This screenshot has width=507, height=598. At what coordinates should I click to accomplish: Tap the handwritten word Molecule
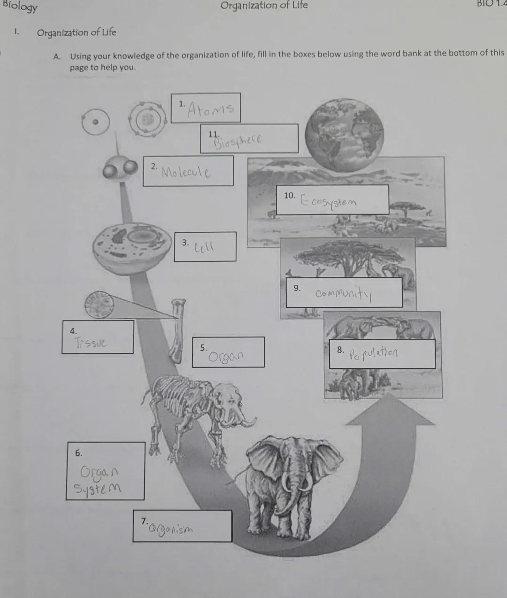tap(186, 172)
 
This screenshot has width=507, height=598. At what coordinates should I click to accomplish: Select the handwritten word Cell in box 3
tap(204, 246)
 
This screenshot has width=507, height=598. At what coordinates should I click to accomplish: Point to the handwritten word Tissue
tap(91, 343)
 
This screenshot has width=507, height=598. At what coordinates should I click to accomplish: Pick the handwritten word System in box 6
tap(98, 489)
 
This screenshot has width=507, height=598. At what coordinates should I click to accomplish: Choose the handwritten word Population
tap(374, 352)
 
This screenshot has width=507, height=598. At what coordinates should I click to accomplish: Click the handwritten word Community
tap(344, 294)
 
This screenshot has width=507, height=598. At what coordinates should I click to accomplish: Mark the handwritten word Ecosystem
tap(329, 202)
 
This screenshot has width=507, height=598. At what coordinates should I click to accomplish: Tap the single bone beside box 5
tap(178, 331)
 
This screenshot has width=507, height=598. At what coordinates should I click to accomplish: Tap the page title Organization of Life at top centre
tap(264, 6)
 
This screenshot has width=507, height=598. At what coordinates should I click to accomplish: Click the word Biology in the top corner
tap(20, 7)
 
